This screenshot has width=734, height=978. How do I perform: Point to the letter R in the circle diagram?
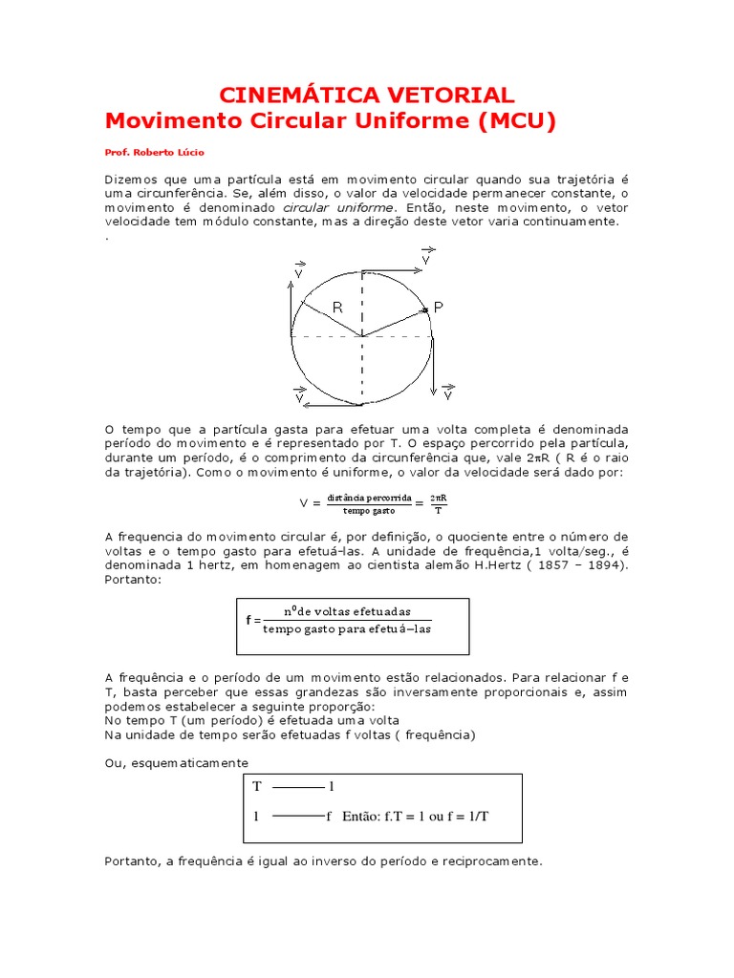337,307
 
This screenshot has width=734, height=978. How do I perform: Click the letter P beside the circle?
439,308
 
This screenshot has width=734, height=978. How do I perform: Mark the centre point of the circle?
361,336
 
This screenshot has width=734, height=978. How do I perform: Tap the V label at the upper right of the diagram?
426,257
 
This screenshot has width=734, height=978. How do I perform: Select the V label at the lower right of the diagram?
448,393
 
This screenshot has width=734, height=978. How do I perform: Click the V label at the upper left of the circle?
299,270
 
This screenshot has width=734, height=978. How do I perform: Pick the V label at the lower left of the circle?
300,396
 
